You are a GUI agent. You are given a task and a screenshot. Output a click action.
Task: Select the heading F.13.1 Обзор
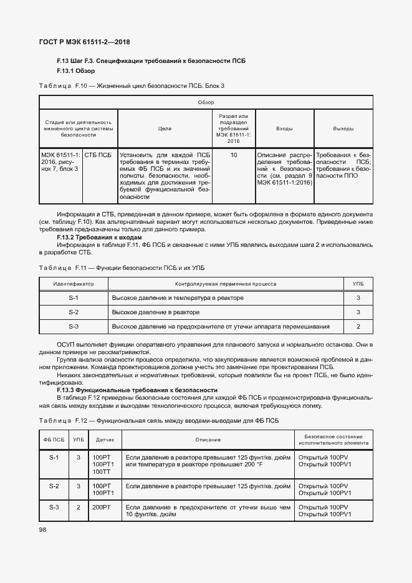point(76,71)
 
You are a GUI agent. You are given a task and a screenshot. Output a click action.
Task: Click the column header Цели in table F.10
point(165,128)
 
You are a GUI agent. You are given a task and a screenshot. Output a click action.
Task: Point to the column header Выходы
point(343,128)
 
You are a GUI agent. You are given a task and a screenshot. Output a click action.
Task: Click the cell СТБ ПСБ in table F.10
point(98,153)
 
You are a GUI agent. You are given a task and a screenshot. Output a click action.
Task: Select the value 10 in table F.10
point(234,153)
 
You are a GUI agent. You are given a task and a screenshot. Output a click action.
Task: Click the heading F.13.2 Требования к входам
point(99,238)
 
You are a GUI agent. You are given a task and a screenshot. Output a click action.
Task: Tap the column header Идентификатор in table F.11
point(74,283)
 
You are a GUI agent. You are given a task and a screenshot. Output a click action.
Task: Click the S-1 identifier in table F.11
point(74,297)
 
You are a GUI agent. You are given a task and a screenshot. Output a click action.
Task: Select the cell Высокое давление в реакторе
point(156,312)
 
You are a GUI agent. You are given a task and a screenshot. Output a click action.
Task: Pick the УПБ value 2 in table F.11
point(358,326)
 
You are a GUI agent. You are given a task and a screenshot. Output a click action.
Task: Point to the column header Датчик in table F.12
point(105,440)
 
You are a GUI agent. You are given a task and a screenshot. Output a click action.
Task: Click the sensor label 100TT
point(102,472)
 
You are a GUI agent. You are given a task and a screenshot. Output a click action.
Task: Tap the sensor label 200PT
point(102,508)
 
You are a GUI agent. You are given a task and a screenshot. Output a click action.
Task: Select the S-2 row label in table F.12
point(54,486)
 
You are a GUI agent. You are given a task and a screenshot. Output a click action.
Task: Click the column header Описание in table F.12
point(208,440)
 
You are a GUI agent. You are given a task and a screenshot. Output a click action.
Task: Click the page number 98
point(43,529)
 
